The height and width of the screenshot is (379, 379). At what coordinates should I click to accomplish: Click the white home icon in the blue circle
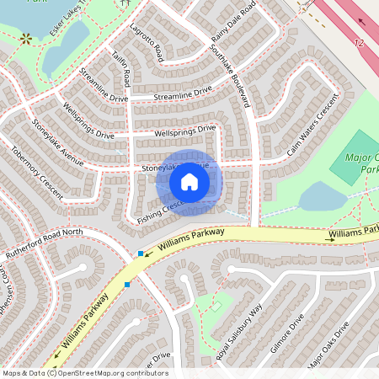point(189,182)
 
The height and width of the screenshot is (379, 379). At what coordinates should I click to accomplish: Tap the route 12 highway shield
point(360,42)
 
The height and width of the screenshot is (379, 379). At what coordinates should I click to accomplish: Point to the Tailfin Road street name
point(122,68)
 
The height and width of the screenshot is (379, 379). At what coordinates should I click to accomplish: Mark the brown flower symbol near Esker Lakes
point(26,38)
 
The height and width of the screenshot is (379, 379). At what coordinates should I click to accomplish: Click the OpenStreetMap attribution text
point(84,372)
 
